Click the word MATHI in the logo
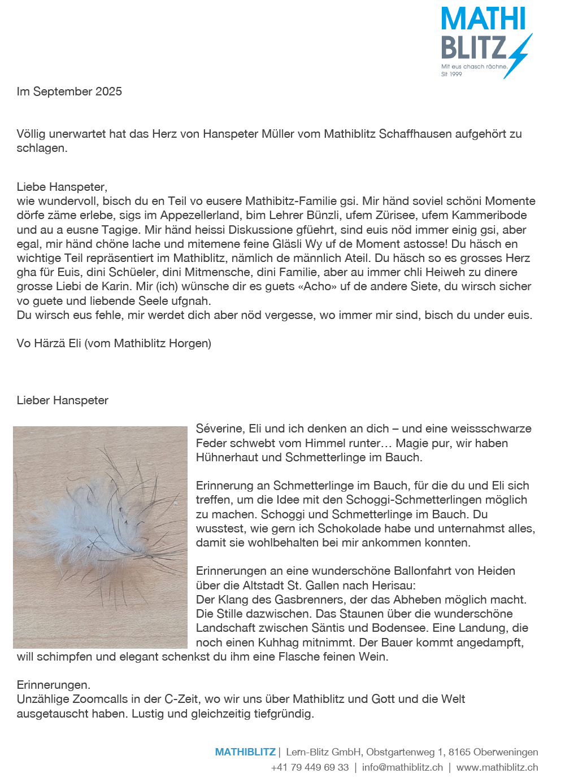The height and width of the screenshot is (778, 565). (x=483, y=19)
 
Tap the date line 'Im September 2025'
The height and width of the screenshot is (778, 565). (x=69, y=91)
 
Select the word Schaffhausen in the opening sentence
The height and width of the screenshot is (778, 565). (x=415, y=134)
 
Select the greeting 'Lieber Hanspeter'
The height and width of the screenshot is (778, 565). (x=63, y=400)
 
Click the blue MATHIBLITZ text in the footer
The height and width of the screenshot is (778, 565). (x=245, y=752)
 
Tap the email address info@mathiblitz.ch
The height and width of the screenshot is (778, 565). (x=402, y=767)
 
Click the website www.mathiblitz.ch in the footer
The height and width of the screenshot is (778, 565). (x=497, y=767)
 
